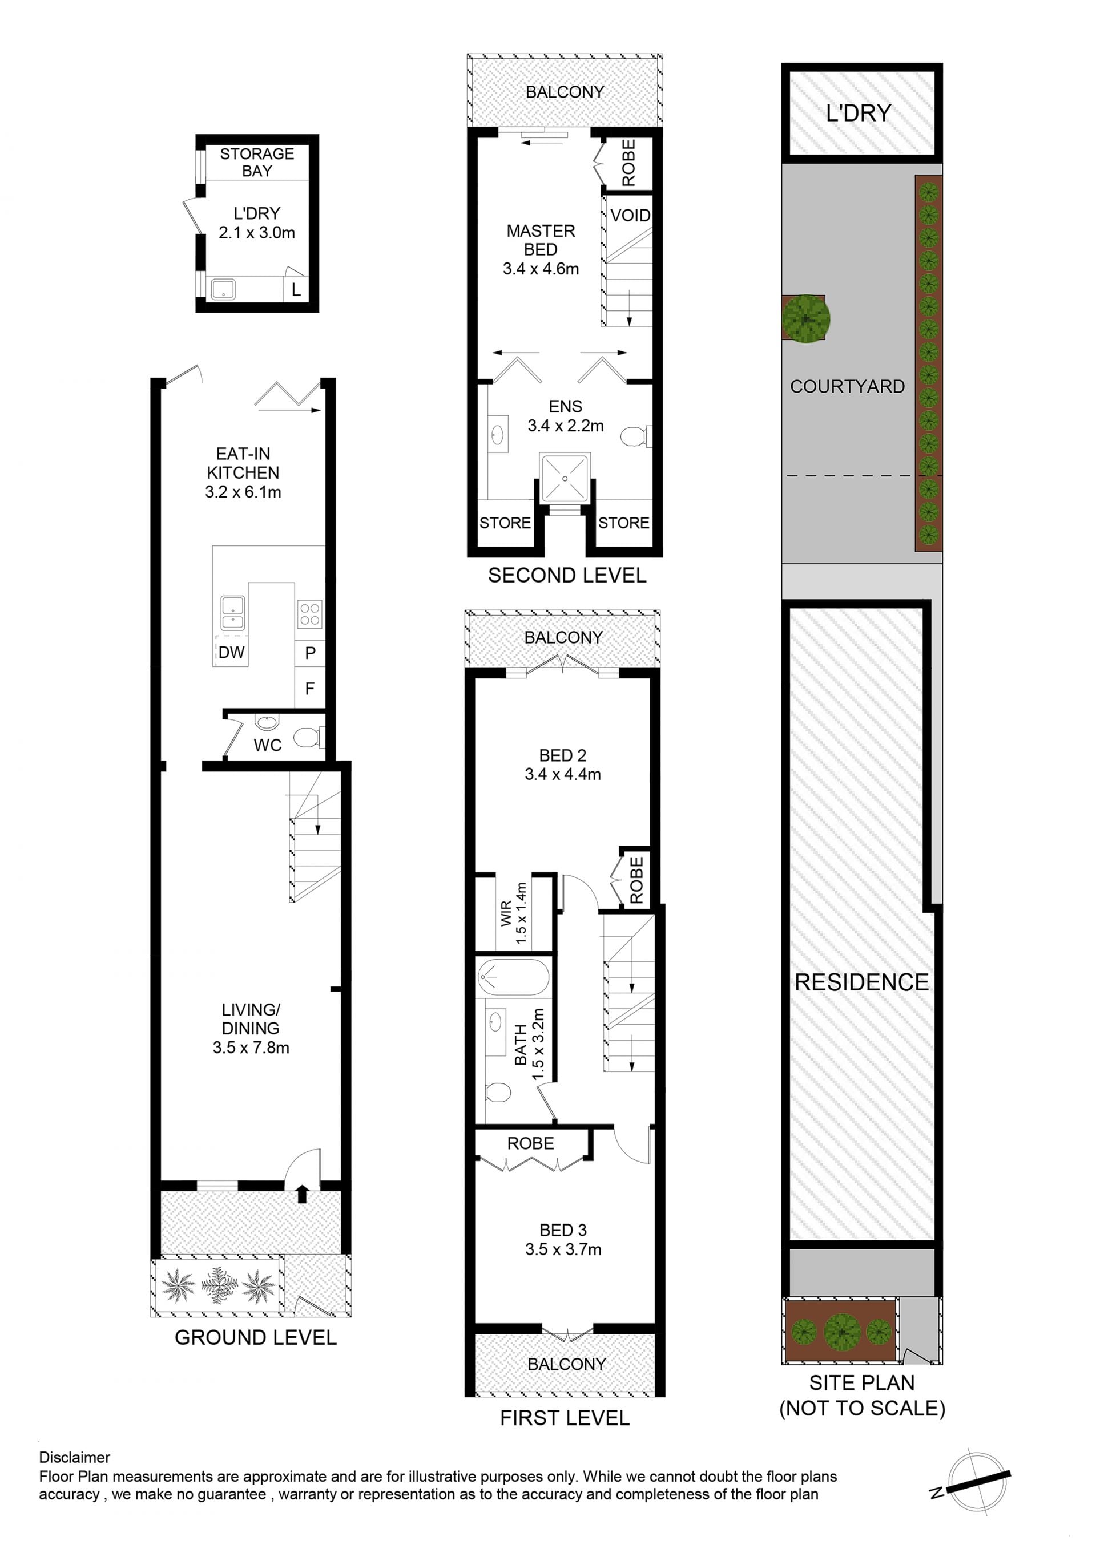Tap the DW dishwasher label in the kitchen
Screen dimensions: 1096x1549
[232, 652]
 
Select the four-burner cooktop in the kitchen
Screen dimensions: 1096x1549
[310, 614]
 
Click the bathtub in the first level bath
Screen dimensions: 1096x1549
[513, 976]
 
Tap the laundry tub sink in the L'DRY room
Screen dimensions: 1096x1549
[223, 289]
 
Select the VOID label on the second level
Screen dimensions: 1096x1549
[630, 215]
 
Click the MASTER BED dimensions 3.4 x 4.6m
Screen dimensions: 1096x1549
[541, 269]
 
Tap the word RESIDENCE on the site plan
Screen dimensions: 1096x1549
[862, 982]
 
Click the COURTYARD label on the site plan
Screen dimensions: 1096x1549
[848, 387]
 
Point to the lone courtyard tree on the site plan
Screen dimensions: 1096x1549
[806, 318]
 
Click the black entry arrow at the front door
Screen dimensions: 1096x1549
[301, 1194]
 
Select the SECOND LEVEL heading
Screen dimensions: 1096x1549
[567, 576]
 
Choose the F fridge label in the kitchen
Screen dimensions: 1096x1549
[310, 689]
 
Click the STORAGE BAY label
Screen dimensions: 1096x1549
[257, 162]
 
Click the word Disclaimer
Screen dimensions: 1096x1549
[74, 1457]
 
